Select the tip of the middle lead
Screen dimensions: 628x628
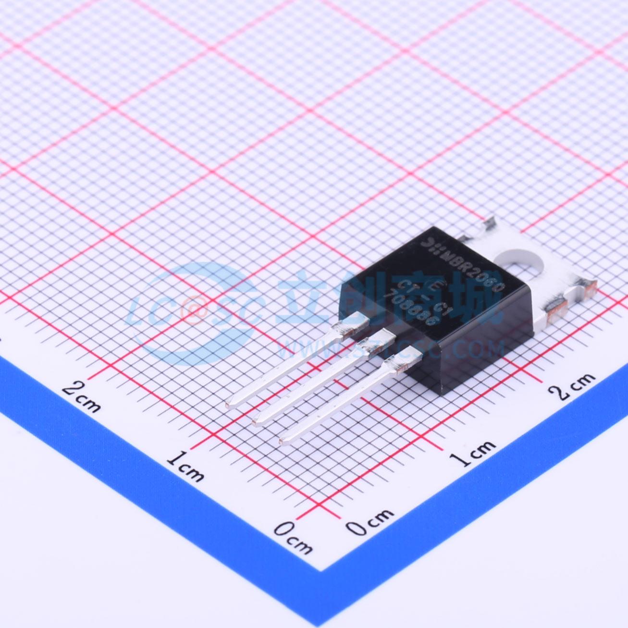(x=256, y=422)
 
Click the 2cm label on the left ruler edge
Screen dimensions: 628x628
(x=82, y=395)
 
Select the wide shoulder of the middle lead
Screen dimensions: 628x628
(x=377, y=341)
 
